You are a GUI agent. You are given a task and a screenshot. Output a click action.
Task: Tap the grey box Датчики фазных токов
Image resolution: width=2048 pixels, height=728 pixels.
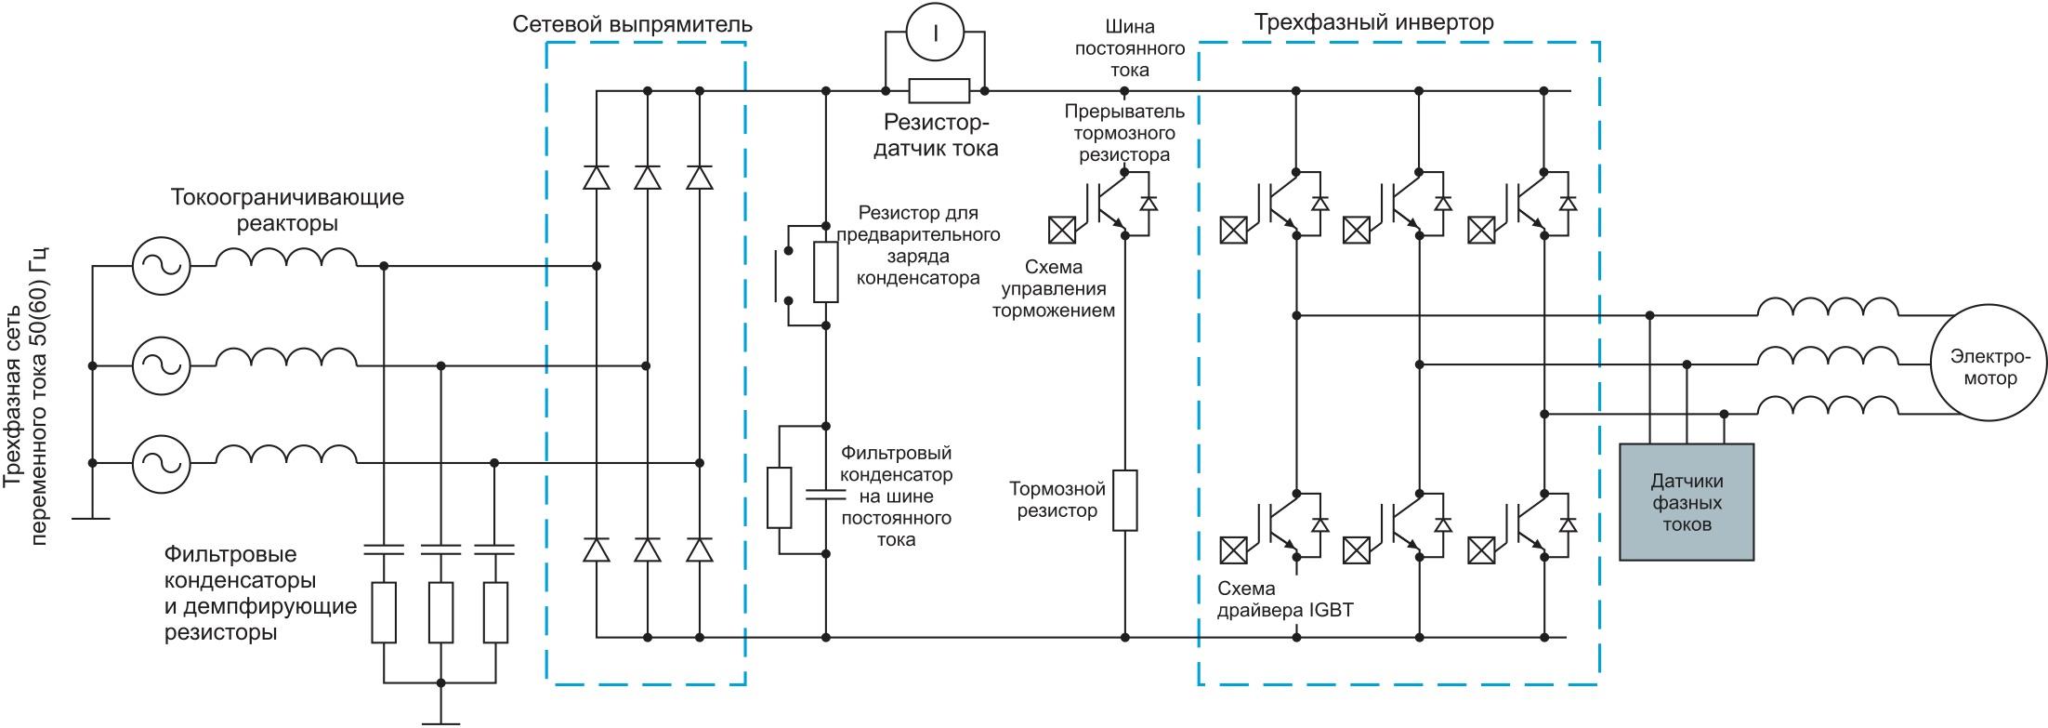1687,502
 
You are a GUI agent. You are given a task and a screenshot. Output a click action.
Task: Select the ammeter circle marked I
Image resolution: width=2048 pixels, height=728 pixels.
936,32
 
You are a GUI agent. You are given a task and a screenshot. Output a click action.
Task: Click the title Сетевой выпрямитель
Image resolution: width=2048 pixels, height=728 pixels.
633,25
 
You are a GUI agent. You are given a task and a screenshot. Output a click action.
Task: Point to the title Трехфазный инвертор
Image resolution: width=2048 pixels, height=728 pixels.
1374,22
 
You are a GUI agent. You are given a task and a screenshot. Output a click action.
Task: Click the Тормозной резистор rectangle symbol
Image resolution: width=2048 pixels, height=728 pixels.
1125,500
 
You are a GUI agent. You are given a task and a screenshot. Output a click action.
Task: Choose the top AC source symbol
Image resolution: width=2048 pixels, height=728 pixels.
161,266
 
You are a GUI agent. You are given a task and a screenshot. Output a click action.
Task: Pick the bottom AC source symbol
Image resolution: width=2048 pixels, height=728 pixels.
161,463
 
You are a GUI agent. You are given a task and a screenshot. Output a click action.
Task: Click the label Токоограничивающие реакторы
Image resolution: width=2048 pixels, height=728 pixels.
287,211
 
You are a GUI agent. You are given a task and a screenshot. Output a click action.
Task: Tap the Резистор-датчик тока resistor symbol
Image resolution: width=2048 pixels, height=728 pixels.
939,91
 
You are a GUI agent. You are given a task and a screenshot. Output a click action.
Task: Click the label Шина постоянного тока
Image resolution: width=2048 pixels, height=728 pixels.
1130,47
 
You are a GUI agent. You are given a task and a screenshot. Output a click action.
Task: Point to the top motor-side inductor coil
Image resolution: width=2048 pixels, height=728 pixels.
1827,309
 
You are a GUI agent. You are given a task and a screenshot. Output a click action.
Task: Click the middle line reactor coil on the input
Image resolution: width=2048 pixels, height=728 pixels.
286,359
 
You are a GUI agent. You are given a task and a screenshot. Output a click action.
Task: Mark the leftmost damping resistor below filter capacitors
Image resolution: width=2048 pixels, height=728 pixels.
384,612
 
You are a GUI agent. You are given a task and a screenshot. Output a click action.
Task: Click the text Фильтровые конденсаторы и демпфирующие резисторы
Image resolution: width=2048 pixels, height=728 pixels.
260,593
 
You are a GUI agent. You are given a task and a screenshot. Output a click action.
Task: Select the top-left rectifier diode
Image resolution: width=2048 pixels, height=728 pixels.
597,177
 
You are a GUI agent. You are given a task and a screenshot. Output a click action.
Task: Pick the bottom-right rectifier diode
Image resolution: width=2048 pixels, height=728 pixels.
700,549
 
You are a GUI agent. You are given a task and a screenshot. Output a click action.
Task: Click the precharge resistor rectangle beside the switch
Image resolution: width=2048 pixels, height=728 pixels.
826,272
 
